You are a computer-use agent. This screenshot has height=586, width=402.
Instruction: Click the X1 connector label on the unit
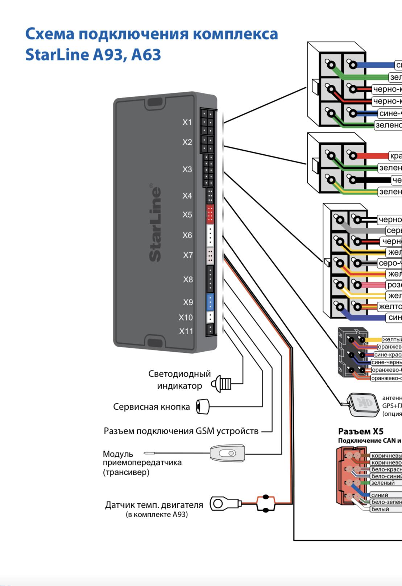pos(187,122)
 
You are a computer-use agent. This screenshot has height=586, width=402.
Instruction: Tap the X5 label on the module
pos(187,215)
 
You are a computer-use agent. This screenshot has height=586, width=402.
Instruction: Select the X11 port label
pos(186,331)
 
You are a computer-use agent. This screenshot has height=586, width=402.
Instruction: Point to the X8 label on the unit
pos(188,280)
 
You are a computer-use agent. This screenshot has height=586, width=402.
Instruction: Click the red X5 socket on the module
pos(210,214)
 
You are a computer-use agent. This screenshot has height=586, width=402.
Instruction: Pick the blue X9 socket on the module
pos(210,302)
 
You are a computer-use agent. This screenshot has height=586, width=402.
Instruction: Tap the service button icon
pos(203,407)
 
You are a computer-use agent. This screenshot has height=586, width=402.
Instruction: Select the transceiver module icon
pos(227,453)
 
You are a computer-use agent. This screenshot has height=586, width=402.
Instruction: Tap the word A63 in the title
pos(146,55)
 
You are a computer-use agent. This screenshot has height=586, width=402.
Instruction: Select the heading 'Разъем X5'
pos(360,431)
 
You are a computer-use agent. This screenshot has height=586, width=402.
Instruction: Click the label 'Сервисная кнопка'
pos(151,407)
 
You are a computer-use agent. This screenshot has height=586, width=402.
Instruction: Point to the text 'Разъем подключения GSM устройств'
pos(181,431)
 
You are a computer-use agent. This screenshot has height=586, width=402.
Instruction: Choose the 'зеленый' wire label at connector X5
pos(382,483)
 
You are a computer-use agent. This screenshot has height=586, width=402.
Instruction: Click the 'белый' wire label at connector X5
pos(380,509)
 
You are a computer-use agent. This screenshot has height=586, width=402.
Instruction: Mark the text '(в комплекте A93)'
pos(157,515)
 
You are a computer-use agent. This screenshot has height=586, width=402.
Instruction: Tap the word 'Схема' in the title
pos(50,34)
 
